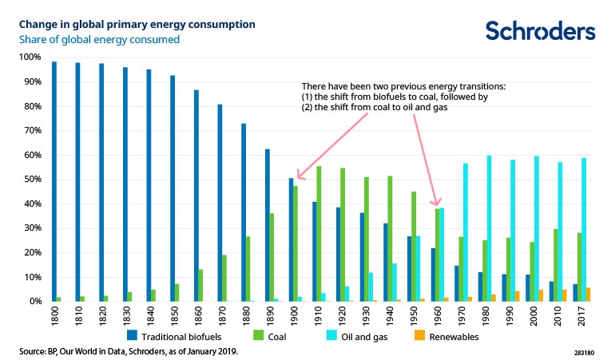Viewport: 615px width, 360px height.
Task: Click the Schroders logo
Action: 540,30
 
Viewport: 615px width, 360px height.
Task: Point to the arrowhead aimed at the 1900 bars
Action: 298,176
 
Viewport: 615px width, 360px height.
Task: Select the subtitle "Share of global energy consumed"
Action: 99,38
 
